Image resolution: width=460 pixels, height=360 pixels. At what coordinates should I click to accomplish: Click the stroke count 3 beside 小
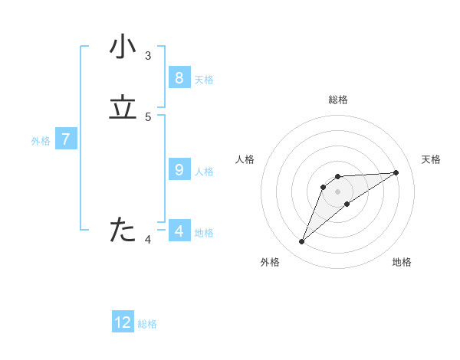[x=148, y=56]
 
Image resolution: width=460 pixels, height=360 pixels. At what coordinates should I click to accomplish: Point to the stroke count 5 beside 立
[x=148, y=117]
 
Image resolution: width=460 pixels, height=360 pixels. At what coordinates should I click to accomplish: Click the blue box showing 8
[x=179, y=78]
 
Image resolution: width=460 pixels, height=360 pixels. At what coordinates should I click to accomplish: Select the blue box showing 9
[x=179, y=170]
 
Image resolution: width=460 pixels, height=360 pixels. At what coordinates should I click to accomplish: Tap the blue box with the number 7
[x=66, y=139]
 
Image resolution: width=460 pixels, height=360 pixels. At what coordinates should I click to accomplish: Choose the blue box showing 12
[x=123, y=322]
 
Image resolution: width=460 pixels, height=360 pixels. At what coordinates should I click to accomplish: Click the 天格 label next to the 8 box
[x=204, y=79]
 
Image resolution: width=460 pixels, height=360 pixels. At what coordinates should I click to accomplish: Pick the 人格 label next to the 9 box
[x=204, y=171]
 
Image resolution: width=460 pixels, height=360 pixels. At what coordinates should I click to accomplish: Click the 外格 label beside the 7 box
[x=41, y=140]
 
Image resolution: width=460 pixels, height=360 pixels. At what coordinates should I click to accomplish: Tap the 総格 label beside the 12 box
[x=147, y=324]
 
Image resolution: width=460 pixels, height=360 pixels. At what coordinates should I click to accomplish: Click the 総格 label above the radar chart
[x=337, y=100]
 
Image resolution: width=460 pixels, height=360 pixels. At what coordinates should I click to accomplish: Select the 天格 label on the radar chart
[x=431, y=159]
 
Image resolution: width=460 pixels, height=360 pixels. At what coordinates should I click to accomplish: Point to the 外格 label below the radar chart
[x=270, y=262]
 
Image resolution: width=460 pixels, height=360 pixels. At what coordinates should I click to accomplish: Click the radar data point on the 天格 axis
[x=396, y=172]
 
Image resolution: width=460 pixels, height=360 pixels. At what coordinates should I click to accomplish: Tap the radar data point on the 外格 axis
[x=301, y=242]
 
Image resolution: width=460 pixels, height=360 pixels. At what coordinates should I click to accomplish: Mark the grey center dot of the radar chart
[x=337, y=191]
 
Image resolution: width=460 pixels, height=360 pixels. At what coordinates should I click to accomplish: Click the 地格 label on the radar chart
[x=402, y=262]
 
